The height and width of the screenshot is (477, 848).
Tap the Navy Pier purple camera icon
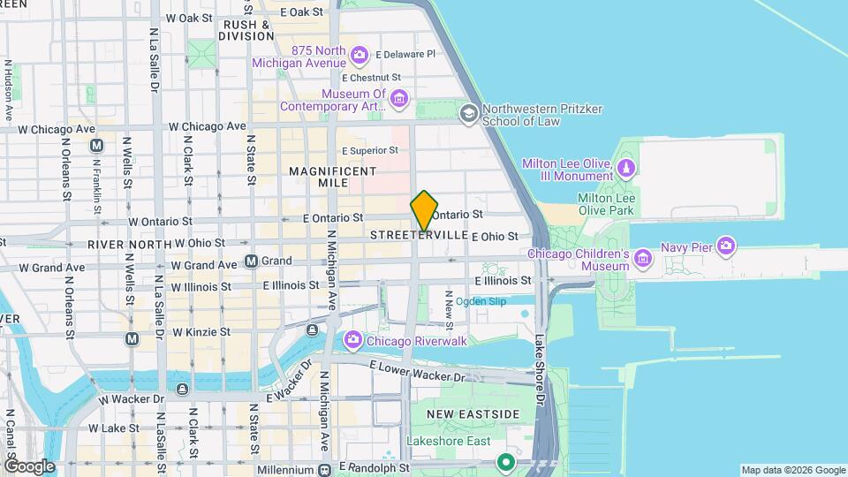click(x=726, y=246)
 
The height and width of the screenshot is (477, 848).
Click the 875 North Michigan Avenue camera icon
click(x=360, y=57)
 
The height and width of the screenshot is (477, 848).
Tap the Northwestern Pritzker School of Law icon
click(x=469, y=112)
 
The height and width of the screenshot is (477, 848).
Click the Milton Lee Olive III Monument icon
click(x=626, y=167)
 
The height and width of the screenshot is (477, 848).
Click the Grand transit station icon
click(x=252, y=261)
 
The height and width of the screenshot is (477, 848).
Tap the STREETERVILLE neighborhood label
click(x=419, y=235)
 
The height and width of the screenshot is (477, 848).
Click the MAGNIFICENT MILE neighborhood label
click(x=332, y=176)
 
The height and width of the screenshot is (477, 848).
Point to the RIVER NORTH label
click(x=129, y=243)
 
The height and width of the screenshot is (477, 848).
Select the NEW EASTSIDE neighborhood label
click(x=473, y=413)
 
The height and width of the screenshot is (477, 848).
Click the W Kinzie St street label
click(x=201, y=332)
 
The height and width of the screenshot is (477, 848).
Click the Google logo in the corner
click(x=29, y=466)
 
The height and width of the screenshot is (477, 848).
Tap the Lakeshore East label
click(x=445, y=440)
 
